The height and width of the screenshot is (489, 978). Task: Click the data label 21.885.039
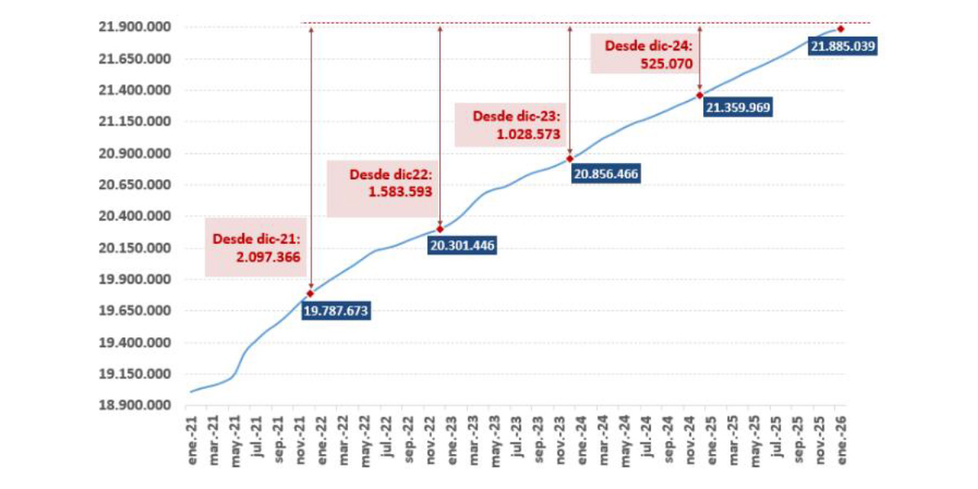pyautogui.click(x=843, y=46)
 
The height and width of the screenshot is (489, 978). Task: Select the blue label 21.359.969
pyautogui.click(x=738, y=107)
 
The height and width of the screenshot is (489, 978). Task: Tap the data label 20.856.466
pyautogui.click(x=606, y=173)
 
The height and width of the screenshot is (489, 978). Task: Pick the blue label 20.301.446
pyautogui.click(x=463, y=244)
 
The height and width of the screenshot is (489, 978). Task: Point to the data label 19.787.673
pyautogui.click(x=336, y=311)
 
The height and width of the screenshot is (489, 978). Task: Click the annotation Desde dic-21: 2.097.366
pyautogui.click(x=256, y=248)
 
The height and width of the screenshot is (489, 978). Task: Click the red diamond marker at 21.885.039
pyautogui.click(x=840, y=29)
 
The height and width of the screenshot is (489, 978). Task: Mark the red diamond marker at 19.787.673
pyautogui.click(x=311, y=293)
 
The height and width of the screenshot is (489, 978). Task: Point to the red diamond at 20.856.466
pyautogui.click(x=570, y=159)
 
